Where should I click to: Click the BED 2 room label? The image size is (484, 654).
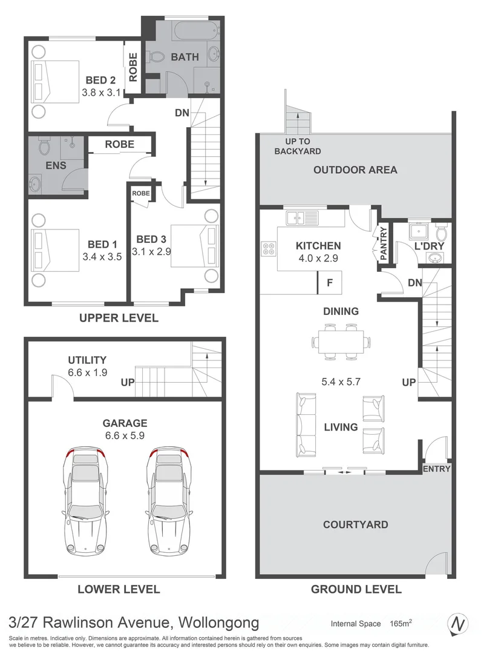(x=100, y=80)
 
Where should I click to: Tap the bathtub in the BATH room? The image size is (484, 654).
(x=181, y=30)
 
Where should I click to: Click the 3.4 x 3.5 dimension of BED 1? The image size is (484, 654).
(x=102, y=256)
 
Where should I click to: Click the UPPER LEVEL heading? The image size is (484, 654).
(x=119, y=317)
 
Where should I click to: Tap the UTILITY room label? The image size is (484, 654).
(x=87, y=360)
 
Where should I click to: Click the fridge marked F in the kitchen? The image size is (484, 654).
(x=330, y=282)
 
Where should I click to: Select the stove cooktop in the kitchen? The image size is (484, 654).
(x=269, y=249)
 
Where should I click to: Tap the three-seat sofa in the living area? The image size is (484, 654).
(x=306, y=426)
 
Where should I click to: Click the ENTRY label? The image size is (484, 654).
(x=436, y=469)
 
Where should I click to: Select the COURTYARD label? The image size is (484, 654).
(x=355, y=524)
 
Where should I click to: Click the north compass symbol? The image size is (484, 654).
(x=458, y=623)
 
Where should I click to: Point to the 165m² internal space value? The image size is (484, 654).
(x=400, y=623)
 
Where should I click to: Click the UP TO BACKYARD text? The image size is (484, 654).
(x=297, y=147)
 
